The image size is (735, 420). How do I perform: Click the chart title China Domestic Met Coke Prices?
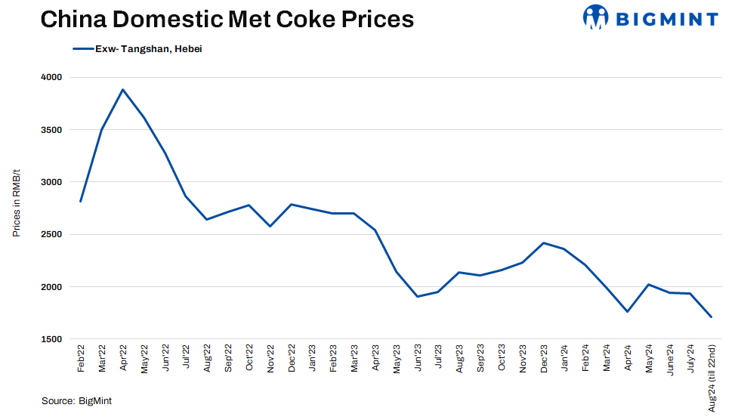coord(227,19)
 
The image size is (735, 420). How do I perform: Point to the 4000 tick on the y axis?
coord(52,77)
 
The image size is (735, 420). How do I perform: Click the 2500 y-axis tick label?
coord(52,234)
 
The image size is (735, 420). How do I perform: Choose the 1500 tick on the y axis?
coord(52,339)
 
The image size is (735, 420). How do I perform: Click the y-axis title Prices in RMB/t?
coord(16,208)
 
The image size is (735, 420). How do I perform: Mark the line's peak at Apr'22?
coord(122,90)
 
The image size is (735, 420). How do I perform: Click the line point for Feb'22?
coord(80,202)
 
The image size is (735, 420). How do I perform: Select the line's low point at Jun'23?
coord(417,296)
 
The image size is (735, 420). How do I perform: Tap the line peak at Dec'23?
coord(543,242)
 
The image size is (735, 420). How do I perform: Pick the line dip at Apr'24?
coord(627,311)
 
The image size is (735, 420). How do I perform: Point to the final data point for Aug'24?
coord(711,317)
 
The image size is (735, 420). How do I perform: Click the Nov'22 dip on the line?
coord(270,226)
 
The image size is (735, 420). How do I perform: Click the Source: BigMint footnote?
coord(76,401)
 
